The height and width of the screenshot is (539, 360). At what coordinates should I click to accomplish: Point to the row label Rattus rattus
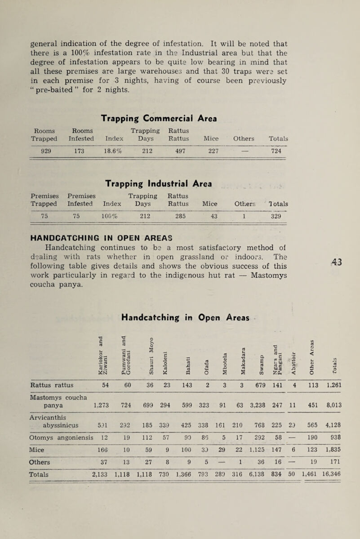pyautogui.click(x=55, y=372)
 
